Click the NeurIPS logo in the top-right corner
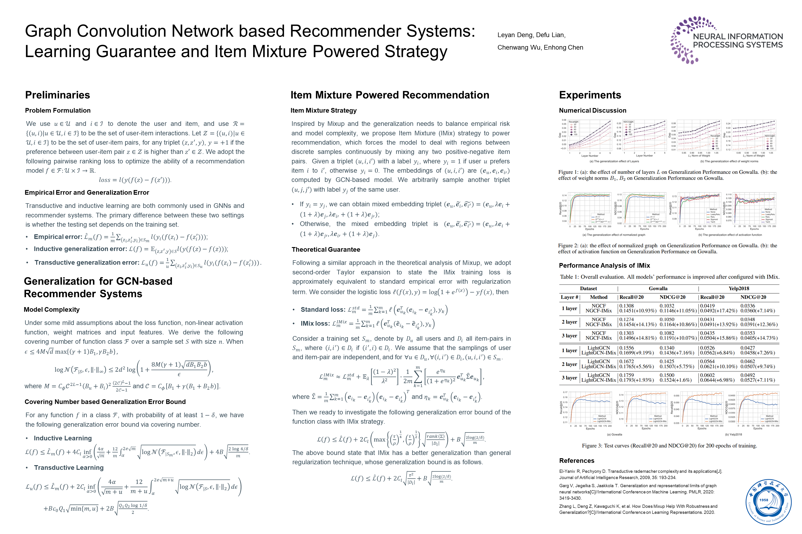726,40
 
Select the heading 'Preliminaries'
58,95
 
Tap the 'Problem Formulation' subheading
58,110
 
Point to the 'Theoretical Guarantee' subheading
326,249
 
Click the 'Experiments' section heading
590,95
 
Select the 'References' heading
577,461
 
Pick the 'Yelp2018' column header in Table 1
739,289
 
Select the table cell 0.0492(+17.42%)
718,311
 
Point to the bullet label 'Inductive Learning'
63,438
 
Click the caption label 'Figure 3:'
592,445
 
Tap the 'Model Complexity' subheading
52,310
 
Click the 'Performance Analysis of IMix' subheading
604,265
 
